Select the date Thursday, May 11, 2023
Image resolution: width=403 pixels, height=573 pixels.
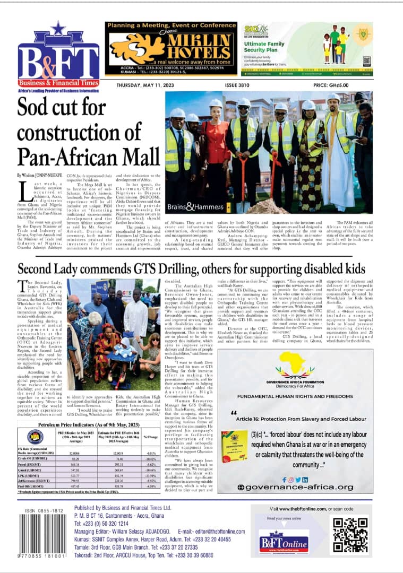[x=140, y=84]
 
